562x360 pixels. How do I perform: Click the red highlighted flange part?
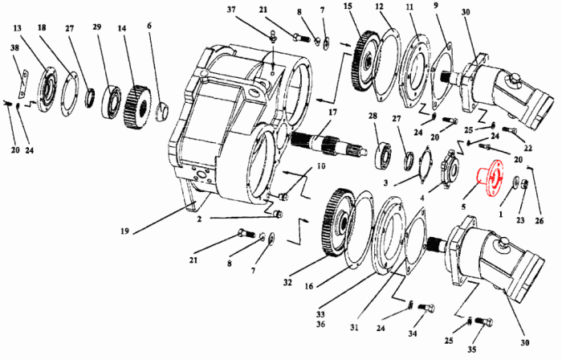tap(490, 178)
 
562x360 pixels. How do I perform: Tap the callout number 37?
tap(231, 10)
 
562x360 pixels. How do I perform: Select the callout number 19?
tap(124, 231)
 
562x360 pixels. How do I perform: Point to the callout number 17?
tap(332, 112)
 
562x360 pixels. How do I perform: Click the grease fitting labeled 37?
tap(273, 37)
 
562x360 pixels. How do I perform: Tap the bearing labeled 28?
tap(383, 155)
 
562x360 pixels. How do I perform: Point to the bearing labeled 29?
tap(112, 101)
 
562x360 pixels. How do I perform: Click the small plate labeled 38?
tap(24, 84)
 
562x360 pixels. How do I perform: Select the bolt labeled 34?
tap(426, 308)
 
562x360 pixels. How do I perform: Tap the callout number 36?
tap(320, 324)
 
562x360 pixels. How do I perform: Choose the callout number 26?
tap(539, 221)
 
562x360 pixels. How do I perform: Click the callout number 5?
tap(463, 207)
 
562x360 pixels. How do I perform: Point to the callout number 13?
tap(18, 28)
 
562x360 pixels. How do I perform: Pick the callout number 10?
tap(321, 166)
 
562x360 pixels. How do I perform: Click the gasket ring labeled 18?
tap(69, 93)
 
